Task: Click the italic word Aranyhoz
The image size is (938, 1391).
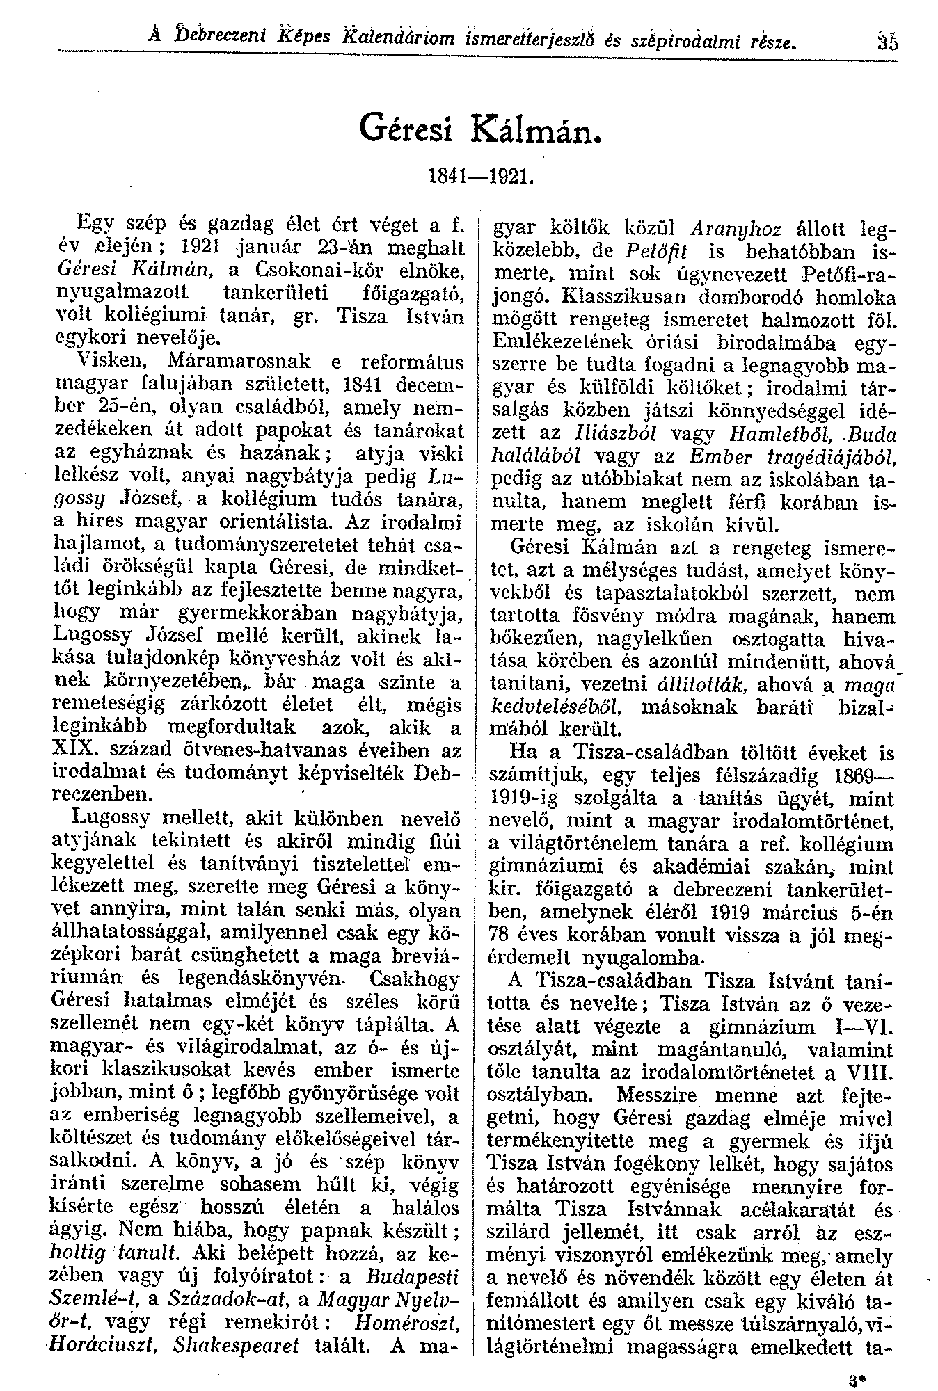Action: point(738,230)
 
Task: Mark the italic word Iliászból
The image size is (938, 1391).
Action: point(612,433)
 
